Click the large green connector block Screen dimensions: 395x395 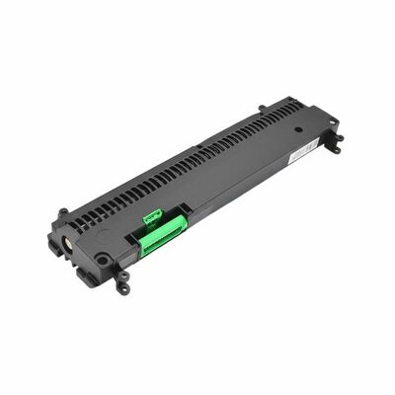pos(163,236)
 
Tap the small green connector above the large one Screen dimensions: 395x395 pos(152,215)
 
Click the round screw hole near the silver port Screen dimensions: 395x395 pos(102,260)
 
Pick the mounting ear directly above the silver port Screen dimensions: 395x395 pos(63,211)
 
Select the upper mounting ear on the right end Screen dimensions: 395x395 pos(332,122)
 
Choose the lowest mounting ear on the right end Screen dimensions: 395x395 pos(335,148)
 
